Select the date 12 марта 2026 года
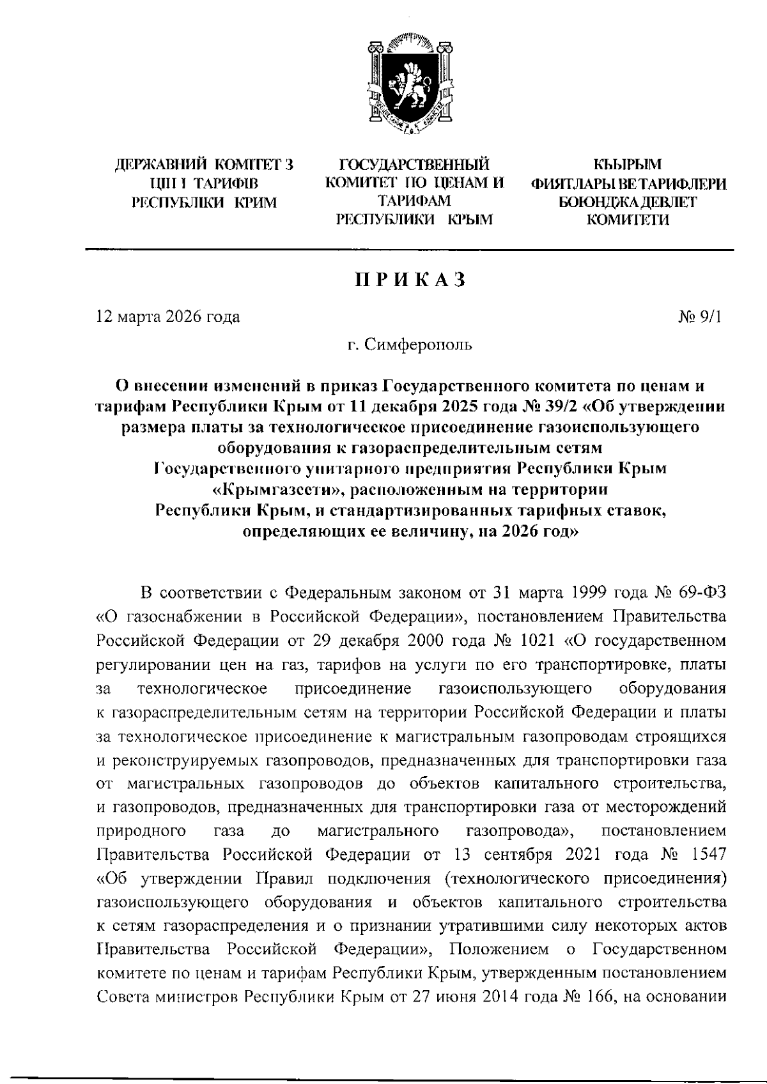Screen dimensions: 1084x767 pos(168,317)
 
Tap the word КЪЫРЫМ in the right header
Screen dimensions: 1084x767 pos(627,165)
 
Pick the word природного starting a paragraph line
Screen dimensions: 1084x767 pos(141,831)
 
